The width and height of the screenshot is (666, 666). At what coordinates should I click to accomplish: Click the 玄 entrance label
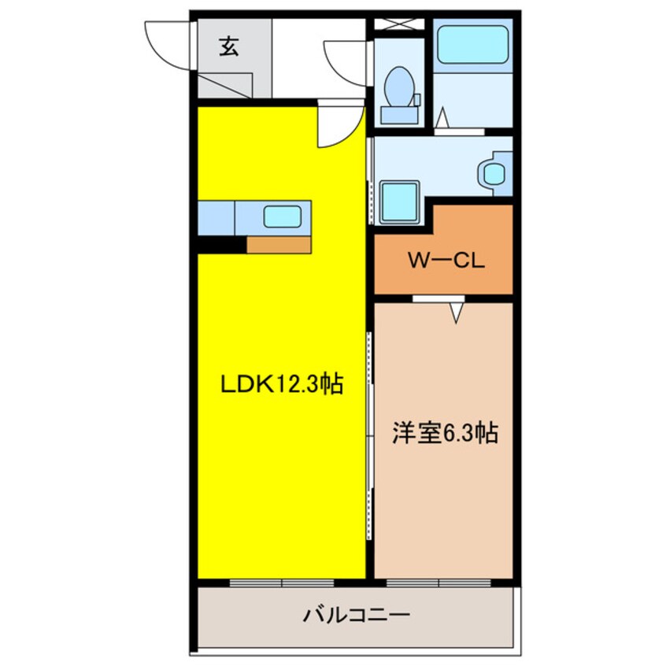(x=228, y=48)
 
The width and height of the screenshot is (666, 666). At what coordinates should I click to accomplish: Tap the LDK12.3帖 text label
(x=281, y=385)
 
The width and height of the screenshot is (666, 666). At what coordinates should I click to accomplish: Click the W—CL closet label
(x=445, y=261)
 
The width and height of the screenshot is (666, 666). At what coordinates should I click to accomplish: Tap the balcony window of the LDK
(x=281, y=583)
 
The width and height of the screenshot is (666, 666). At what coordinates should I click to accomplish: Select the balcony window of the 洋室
(x=439, y=583)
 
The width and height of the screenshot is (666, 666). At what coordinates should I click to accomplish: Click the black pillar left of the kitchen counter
(x=221, y=245)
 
